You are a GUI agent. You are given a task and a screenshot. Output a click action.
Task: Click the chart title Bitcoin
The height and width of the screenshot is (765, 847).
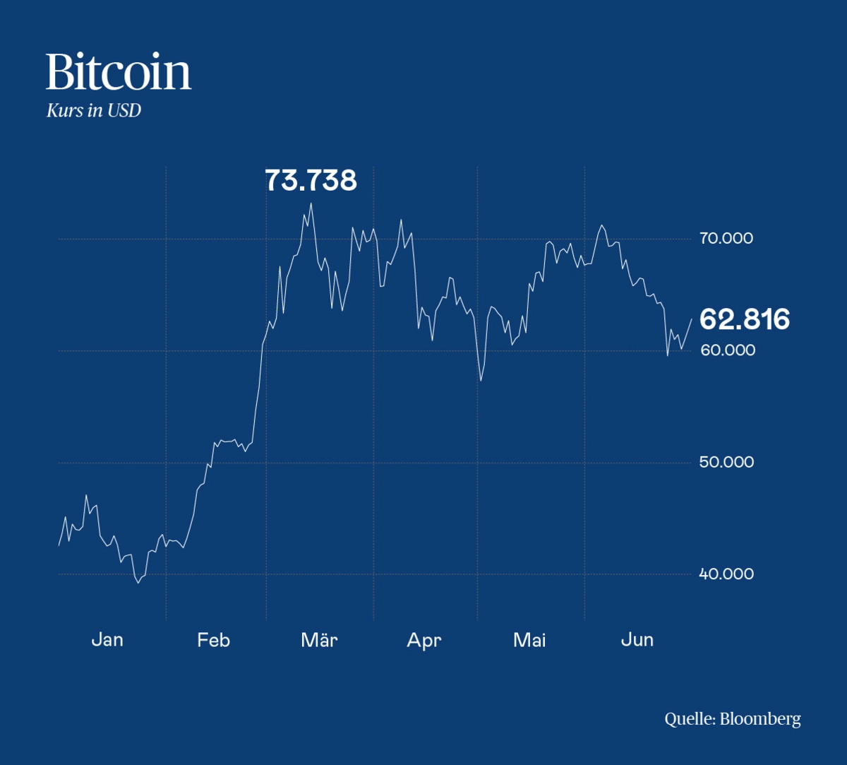point(119,72)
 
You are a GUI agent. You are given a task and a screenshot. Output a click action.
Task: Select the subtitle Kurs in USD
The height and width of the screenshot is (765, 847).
point(93,111)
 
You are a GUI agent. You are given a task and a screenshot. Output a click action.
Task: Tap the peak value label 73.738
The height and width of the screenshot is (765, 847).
point(311,181)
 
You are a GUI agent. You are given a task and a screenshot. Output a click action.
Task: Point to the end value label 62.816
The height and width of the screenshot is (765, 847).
point(744,320)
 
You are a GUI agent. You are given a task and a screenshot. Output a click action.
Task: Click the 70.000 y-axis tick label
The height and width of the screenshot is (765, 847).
point(726,239)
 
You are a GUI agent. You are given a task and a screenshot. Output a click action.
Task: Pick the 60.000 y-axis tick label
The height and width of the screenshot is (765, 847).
point(727,350)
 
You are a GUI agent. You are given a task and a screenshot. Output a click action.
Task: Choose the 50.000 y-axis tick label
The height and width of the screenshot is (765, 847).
point(726,463)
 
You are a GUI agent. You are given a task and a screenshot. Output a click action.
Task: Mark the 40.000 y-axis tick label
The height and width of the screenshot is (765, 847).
point(726,574)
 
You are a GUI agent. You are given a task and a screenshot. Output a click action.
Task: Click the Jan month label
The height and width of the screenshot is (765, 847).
point(107,640)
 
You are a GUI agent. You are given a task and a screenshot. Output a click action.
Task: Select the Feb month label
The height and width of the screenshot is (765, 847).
point(213,640)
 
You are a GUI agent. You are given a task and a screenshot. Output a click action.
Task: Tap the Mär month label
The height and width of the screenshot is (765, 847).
point(319,640)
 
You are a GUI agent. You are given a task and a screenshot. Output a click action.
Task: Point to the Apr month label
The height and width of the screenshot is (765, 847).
point(423,640)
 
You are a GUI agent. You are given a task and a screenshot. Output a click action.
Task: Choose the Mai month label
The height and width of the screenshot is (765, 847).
point(529,640)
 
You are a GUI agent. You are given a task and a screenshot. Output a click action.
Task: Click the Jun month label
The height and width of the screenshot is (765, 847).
point(637,640)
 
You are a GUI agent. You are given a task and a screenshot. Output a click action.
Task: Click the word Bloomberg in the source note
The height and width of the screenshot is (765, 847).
point(760,720)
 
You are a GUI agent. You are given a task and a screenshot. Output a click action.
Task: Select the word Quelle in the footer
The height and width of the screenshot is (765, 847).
point(690,720)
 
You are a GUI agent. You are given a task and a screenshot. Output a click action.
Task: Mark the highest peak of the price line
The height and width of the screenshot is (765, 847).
point(311,203)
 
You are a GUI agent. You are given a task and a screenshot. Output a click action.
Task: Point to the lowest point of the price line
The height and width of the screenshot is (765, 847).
point(138,583)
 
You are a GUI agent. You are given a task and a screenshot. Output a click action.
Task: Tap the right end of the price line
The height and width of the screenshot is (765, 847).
point(691,319)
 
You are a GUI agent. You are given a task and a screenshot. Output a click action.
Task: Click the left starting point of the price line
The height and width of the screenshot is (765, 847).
point(59,545)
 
